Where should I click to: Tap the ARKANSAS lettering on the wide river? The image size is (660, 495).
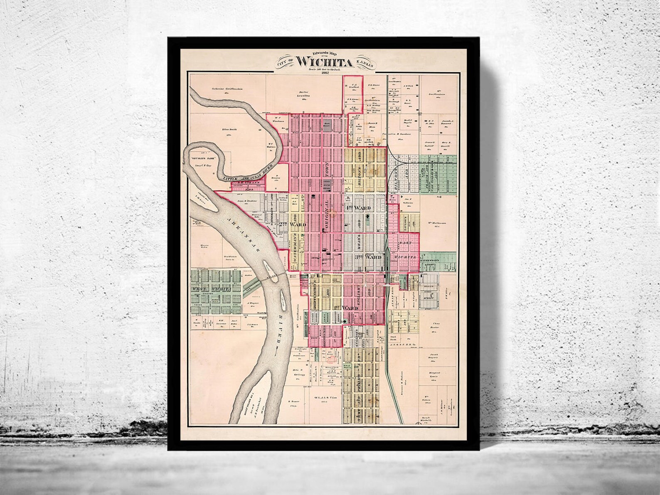242,233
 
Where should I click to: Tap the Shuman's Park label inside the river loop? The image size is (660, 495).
202,158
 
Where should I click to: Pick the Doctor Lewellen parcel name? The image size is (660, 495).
306,95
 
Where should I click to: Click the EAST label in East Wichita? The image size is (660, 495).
404,242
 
